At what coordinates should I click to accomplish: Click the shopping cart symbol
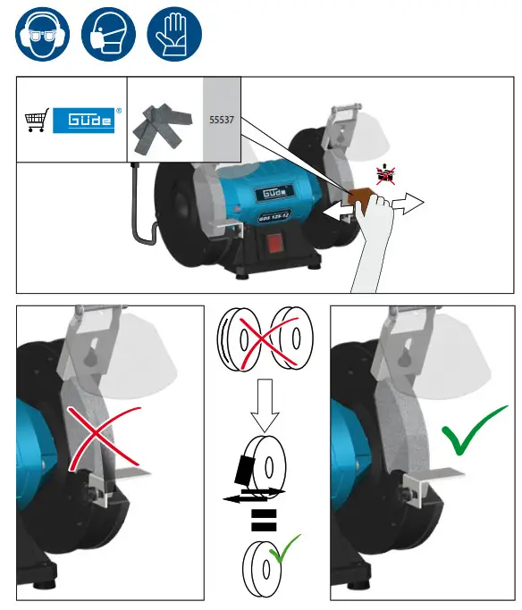pos(36,121)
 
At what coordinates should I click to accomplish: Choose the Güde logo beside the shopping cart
pos(84,121)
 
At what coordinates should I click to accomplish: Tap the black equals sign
pos(261,522)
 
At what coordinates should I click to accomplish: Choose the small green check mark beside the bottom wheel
pos(288,549)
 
